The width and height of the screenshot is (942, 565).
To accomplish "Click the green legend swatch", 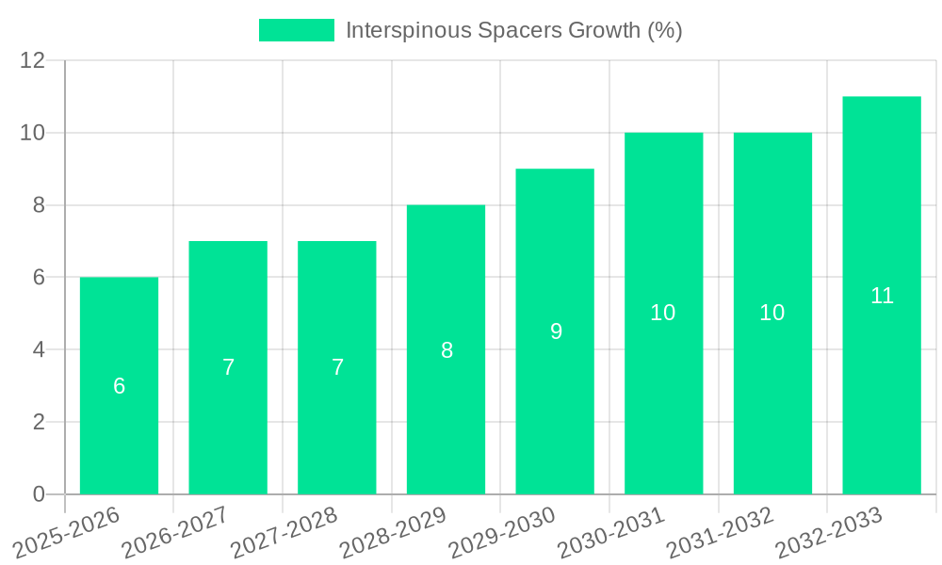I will click(x=297, y=30).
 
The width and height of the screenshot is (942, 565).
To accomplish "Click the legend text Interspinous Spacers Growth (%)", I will click(x=513, y=30).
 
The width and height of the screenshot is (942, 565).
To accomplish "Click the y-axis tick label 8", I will click(x=39, y=205).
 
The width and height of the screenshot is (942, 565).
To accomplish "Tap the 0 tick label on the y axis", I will click(x=39, y=494).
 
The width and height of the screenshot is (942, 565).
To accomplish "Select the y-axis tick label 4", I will click(x=39, y=349).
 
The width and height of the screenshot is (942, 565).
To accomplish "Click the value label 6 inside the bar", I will click(x=119, y=386).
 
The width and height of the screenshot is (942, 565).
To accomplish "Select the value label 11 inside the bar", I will click(x=882, y=296).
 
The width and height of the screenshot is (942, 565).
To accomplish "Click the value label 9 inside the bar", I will click(x=556, y=331).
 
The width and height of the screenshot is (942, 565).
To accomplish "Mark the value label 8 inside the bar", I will click(x=447, y=350).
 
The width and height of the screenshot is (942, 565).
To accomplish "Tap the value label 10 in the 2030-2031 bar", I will click(x=663, y=314).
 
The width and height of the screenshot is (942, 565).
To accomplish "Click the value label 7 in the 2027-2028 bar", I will click(x=337, y=368).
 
